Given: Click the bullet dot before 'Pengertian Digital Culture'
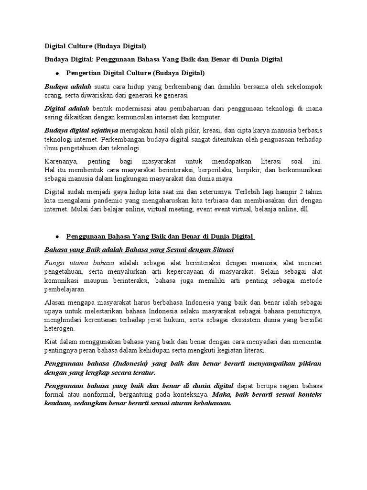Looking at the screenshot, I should pos(57,74).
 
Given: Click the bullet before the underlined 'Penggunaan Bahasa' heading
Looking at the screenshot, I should pos(57,236).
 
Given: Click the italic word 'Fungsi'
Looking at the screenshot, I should pos(55,263).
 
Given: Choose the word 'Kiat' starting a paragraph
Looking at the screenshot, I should pos(51,342).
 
